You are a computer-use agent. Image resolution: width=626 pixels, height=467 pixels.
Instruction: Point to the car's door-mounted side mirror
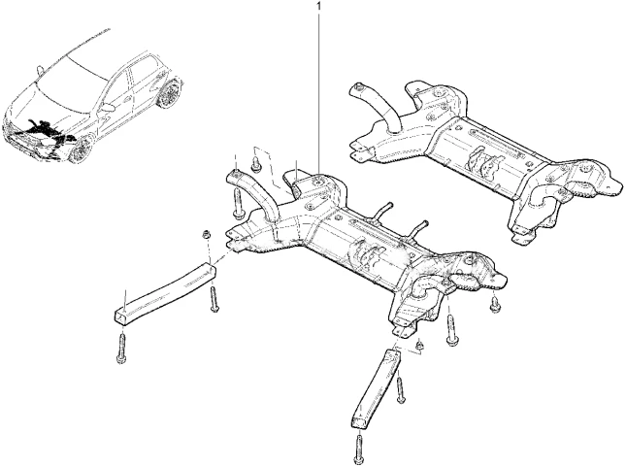click(108, 108)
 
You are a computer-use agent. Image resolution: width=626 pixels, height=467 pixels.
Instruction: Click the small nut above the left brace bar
click(206, 235)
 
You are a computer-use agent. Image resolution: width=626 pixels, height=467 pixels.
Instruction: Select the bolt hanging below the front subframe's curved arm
click(237, 200)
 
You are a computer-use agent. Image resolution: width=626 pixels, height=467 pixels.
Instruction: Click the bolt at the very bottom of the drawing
click(357, 449)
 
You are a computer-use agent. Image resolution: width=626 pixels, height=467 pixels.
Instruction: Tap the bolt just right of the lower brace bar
click(400, 388)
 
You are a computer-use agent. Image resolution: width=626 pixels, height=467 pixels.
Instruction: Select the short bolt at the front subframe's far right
click(494, 307)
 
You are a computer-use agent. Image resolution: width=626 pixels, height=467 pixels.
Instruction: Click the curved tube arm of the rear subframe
click(374, 106)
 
